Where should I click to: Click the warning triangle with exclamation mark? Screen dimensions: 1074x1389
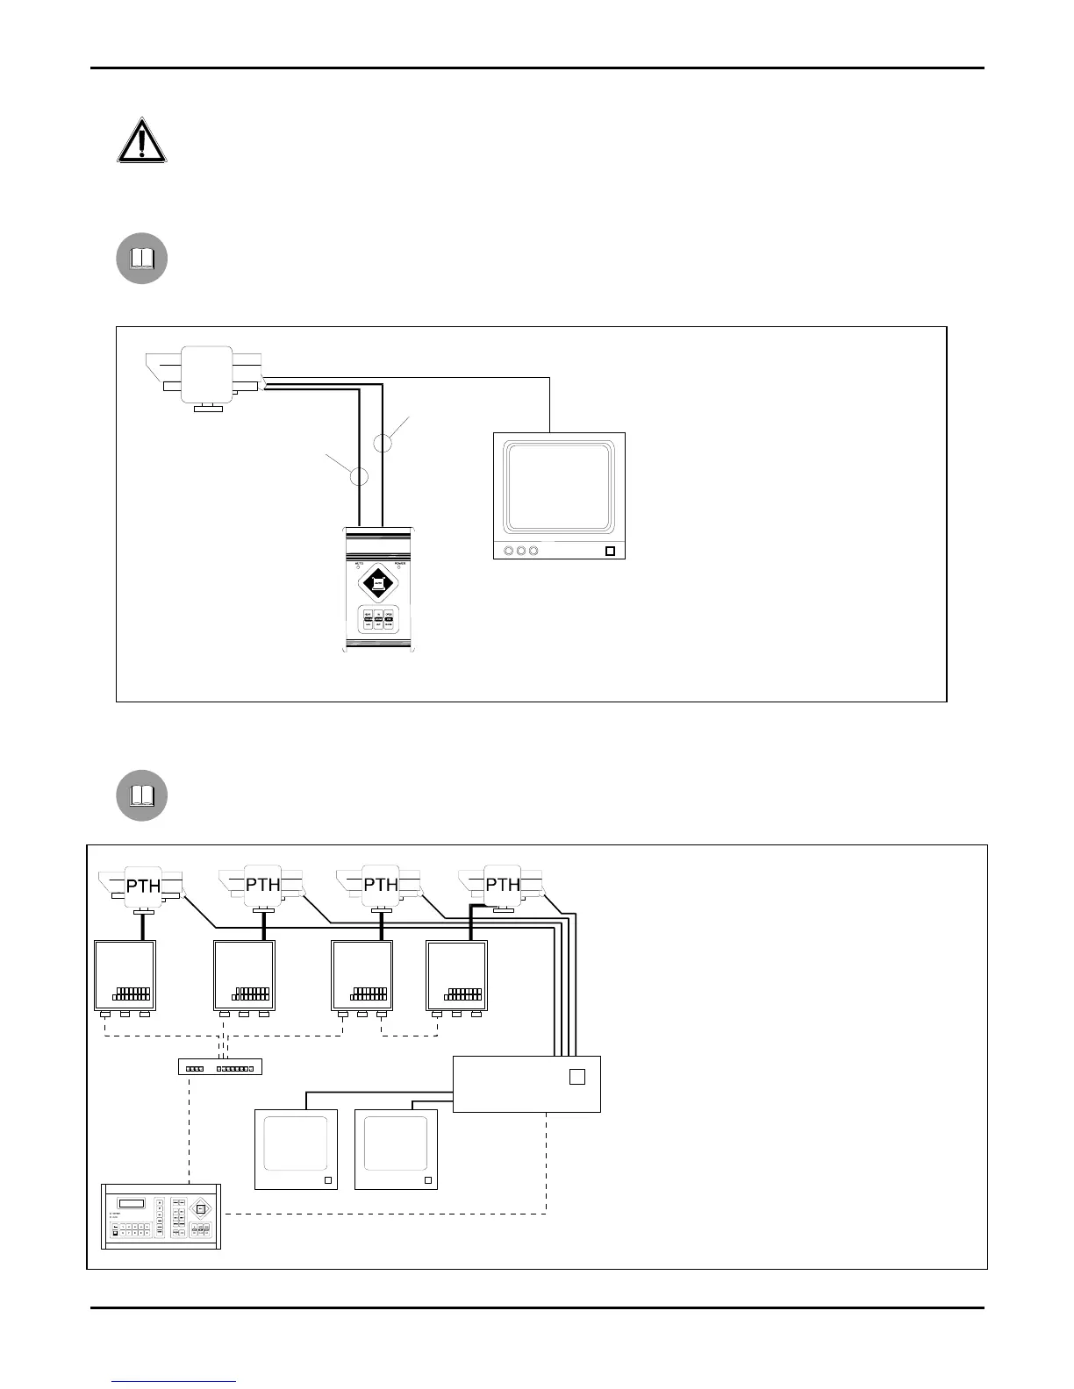pyautogui.click(x=141, y=141)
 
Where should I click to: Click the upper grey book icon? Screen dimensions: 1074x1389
pyautogui.click(x=142, y=259)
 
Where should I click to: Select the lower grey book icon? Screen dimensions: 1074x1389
pyautogui.click(x=142, y=795)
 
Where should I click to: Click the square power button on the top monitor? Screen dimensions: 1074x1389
pyautogui.click(x=611, y=552)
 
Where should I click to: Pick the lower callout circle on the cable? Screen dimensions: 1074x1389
pyautogui.click(x=359, y=476)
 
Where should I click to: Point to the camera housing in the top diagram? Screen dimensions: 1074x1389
pyautogui.click(x=207, y=374)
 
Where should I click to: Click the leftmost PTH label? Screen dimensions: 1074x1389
pyautogui.click(x=143, y=886)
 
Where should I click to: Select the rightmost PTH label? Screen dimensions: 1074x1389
pyautogui.click(x=503, y=885)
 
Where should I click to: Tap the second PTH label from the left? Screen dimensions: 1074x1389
pyautogui.click(x=262, y=885)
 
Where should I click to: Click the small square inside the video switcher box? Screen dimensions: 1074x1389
pyautogui.click(x=576, y=1077)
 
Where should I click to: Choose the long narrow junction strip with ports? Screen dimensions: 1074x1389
pyautogui.click(x=220, y=1068)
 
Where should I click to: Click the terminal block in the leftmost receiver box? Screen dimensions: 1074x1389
pyautogui.click(x=132, y=994)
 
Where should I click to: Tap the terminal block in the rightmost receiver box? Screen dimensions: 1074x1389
pyautogui.click(x=463, y=994)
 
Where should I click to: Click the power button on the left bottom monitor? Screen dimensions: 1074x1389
pyautogui.click(x=329, y=1180)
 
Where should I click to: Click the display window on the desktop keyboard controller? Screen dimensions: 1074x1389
pyautogui.click(x=131, y=1203)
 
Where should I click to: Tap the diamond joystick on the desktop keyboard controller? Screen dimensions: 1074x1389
pyautogui.click(x=201, y=1209)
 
